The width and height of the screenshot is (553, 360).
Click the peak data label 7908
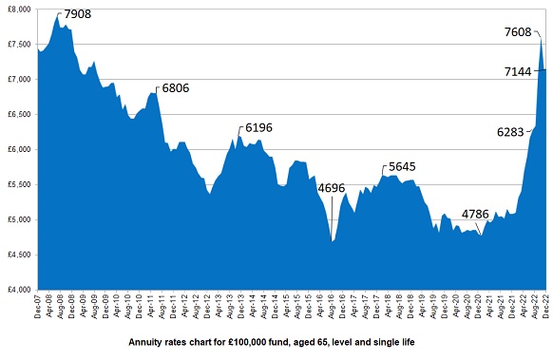pos(81,15)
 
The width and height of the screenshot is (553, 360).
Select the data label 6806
pos(176,87)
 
